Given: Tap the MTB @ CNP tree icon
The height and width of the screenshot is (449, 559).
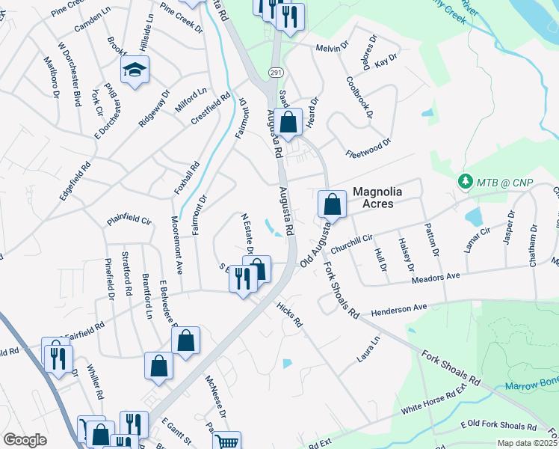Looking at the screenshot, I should click(464, 182).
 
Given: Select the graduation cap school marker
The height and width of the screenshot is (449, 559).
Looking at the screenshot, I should click(135, 70).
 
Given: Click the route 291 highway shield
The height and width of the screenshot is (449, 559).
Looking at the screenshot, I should click(275, 72).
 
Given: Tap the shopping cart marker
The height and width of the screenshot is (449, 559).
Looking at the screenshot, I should click(227, 442).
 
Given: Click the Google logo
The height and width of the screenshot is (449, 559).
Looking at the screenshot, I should click(25, 440).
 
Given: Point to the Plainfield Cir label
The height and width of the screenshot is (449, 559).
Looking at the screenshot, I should click(129, 220).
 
